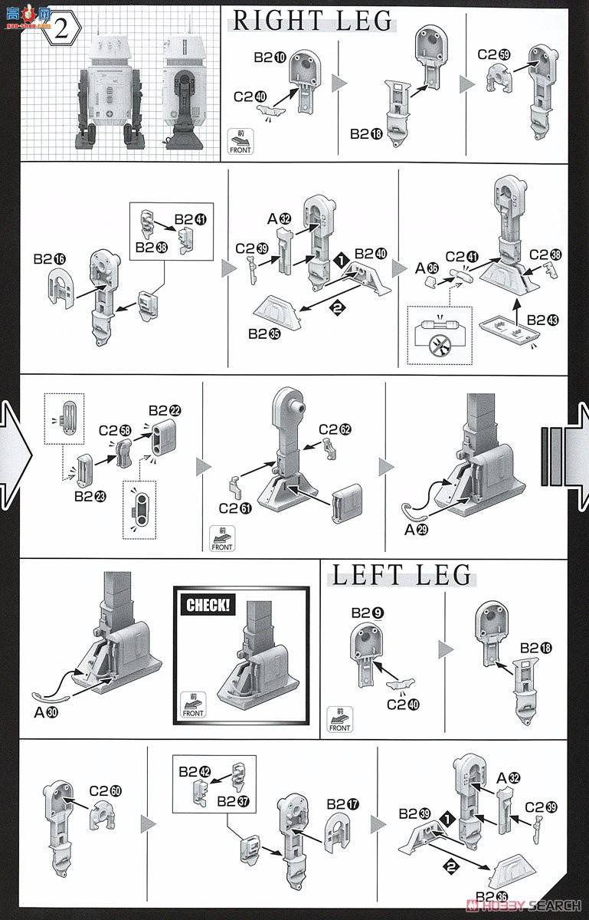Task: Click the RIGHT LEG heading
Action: point(312,21)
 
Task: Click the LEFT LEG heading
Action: point(401,575)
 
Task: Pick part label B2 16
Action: point(48,260)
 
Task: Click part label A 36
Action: point(427,268)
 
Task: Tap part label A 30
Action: point(47,711)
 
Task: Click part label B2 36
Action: point(490,898)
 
